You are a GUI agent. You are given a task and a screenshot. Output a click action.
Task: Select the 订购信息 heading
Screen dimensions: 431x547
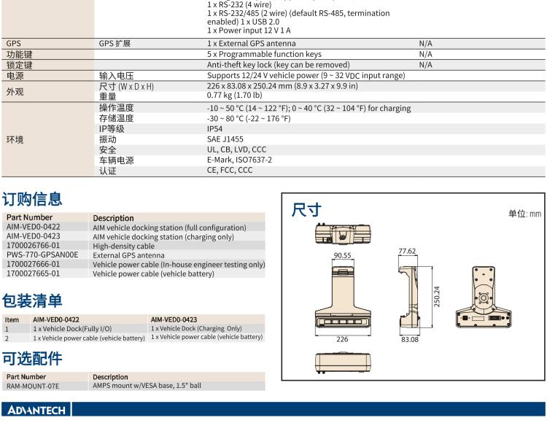pos(32,199)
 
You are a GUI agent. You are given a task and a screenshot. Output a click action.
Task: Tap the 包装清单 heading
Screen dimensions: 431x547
pos(32,300)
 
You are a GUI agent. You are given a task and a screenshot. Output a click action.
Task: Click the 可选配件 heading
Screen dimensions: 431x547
pos(32,358)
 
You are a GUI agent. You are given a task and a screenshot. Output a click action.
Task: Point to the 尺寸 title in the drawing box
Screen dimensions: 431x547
pos(306,210)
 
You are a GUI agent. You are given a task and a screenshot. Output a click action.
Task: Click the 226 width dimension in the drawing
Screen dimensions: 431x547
pos(341,340)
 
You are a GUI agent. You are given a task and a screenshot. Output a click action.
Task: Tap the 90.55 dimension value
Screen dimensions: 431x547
pos(342,256)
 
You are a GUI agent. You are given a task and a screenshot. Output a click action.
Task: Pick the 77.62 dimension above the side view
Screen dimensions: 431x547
pos(407,251)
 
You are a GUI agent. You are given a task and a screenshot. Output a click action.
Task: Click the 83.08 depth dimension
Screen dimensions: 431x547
pos(409,340)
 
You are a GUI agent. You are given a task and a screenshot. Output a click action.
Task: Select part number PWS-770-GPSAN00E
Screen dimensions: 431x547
pos(42,255)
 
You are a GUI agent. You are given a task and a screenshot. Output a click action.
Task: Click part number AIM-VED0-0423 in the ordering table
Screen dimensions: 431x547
pos(34,236)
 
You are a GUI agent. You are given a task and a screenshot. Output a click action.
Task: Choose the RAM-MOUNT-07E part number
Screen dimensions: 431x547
pos(33,386)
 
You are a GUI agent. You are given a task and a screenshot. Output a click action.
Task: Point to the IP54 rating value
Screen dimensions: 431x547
pos(215,129)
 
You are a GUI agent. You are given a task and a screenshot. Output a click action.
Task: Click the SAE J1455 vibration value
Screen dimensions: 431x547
pos(225,139)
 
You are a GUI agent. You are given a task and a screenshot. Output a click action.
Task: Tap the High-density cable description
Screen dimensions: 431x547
pos(123,246)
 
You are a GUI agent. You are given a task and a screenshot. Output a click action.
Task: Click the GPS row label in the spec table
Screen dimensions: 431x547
pos(14,44)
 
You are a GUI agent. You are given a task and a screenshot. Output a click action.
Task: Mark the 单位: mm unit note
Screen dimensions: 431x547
pos(524,214)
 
